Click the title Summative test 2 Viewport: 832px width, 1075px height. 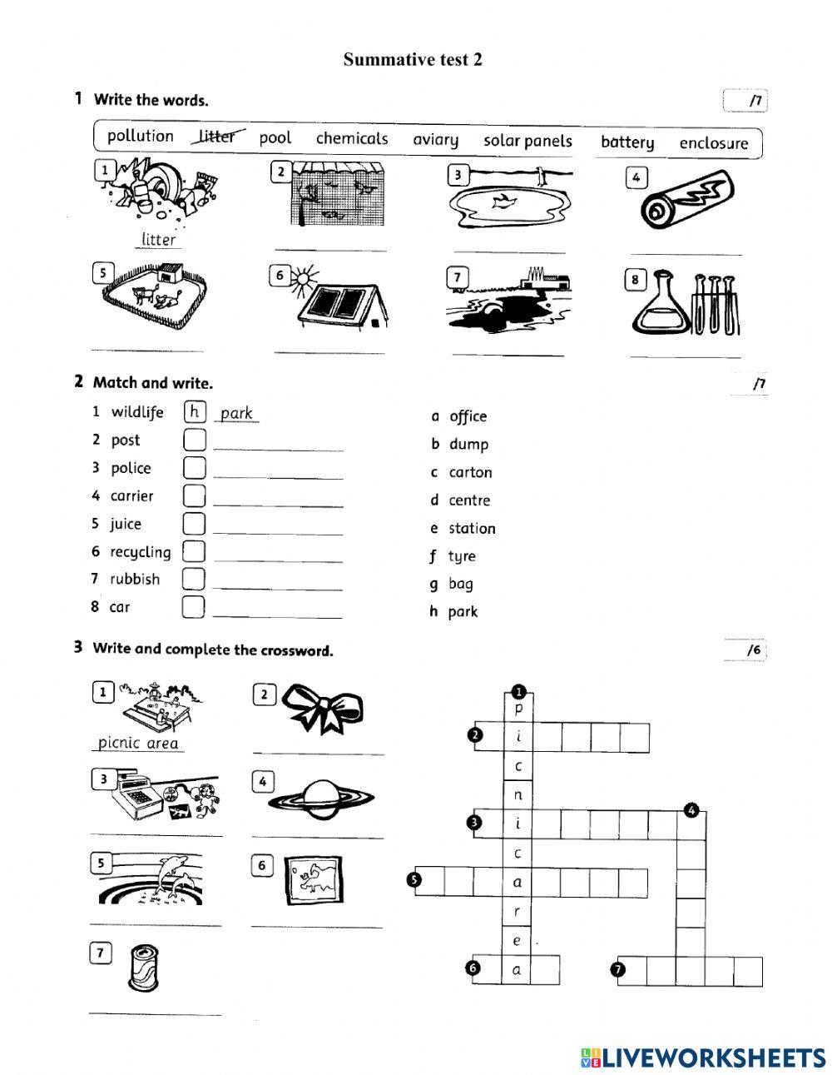(413, 59)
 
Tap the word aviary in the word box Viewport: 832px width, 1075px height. (435, 139)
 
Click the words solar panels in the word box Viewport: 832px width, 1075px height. (527, 141)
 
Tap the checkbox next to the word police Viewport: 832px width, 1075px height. (194, 467)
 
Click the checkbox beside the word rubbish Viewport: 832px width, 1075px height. (193, 579)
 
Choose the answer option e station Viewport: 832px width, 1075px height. (463, 529)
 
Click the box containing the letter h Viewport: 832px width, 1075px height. (195, 411)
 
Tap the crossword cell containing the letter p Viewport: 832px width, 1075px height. (518, 709)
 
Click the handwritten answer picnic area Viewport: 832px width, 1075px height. (138, 743)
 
